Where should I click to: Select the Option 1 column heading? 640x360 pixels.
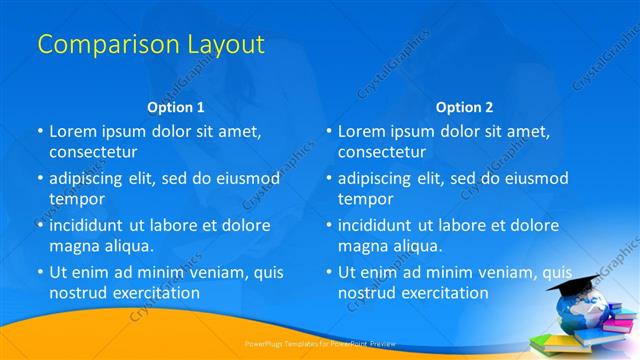click(175, 107)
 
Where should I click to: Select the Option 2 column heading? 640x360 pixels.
click(464, 107)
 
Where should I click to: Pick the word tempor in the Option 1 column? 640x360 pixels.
click(75, 199)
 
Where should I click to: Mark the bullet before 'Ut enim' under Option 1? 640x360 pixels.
click(40, 272)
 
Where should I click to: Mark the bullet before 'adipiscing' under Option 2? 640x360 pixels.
click(329, 178)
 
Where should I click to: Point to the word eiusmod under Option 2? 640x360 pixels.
click(536, 178)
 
